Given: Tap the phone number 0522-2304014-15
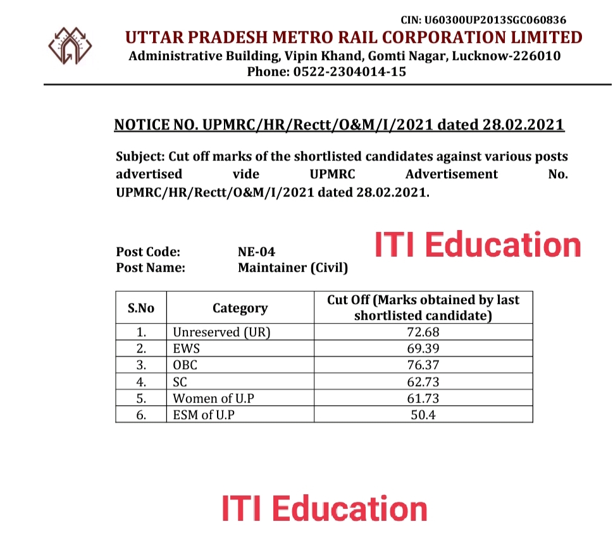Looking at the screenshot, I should pyautogui.click(x=349, y=72).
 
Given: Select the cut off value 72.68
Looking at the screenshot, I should pyautogui.click(x=423, y=331).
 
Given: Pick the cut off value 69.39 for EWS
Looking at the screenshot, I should pyautogui.click(x=423, y=348).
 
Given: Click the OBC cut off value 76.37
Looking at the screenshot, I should pyautogui.click(x=423, y=365).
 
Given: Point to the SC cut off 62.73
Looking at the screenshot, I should pyautogui.click(x=423, y=382).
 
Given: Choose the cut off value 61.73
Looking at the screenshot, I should pyautogui.click(x=423, y=398).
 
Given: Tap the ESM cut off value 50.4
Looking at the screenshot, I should pyautogui.click(x=423, y=415).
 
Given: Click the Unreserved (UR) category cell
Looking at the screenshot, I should pyautogui.click(x=221, y=331).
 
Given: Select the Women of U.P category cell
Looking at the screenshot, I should pyautogui.click(x=213, y=398).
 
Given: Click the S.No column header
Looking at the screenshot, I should pyautogui.click(x=141, y=308).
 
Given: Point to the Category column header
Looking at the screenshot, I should pyautogui.click(x=240, y=308).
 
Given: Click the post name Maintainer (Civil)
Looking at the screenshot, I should pyautogui.click(x=293, y=267).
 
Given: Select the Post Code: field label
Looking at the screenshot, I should pyautogui.click(x=148, y=252).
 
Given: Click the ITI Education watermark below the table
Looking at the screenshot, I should pyautogui.click(x=324, y=509).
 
